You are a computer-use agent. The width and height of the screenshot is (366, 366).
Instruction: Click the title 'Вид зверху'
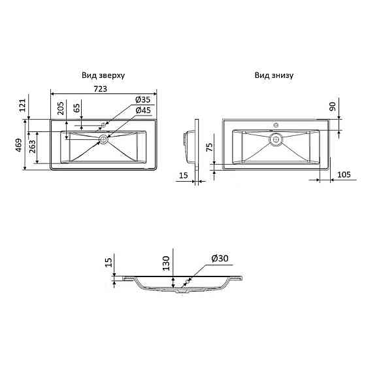(x=103, y=75)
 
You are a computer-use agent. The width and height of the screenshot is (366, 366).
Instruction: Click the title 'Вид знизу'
(x=274, y=75)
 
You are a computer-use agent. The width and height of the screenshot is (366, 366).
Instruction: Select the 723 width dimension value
(x=101, y=89)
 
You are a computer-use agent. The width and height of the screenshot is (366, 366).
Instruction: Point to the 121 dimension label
(x=22, y=105)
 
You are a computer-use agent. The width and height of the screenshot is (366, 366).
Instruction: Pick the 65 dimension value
(x=77, y=108)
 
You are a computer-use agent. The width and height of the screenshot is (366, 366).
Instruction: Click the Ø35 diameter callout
(x=143, y=100)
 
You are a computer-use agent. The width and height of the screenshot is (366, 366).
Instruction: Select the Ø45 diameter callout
(x=143, y=110)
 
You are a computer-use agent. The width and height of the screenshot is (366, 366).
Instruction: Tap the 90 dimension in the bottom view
(x=333, y=107)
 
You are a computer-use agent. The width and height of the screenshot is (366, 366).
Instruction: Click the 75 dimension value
(x=210, y=148)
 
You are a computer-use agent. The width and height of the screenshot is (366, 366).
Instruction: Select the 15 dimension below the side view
(x=183, y=175)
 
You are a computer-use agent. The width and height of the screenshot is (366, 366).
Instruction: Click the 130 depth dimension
(x=167, y=263)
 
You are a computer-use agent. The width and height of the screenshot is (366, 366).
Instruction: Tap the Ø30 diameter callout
(x=219, y=259)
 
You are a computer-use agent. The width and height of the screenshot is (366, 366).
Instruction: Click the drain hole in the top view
(x=103, y=139)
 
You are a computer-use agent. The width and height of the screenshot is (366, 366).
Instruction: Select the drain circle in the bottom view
(x=276, y=138)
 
